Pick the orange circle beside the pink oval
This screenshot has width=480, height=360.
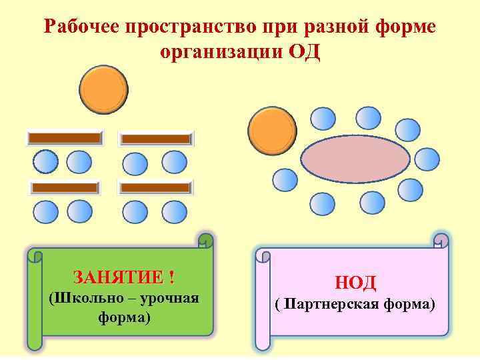coord(272,131)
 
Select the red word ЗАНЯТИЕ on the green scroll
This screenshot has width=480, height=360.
coord(121,277)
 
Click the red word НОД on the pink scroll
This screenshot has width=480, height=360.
coord(355,283)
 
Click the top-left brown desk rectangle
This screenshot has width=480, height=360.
coord(64,137)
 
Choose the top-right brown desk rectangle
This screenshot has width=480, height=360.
coord(156,139)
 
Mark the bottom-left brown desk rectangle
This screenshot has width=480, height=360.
coord(65,187)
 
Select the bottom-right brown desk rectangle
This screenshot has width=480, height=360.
coord(155,187)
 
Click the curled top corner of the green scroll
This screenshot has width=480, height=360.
coord(207,240)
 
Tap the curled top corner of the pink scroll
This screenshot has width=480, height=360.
coord(441,240)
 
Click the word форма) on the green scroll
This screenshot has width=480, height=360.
coord(124,317)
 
